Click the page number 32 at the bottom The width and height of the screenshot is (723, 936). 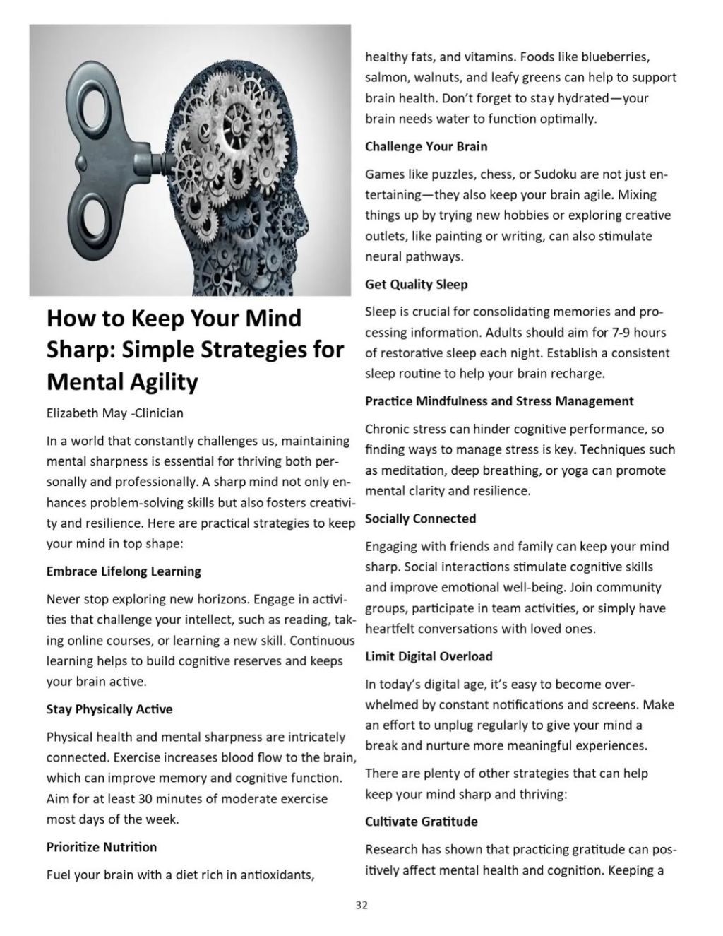pyautogui.click(x=361, y=905)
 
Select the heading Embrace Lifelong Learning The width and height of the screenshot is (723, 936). pyautogui.click(x=124, y=571)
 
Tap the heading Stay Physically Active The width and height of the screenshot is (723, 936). pyautogui.click(x=109, y=709)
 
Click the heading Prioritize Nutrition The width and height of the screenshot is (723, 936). pyautogui.click(x=102, y=847)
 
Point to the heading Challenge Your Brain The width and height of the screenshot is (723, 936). pyautogui.click(x=426, y=146)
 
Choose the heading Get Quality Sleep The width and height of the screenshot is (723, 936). pyautogui.click(x=416, y=284)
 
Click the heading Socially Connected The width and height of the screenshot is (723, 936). pyautogui.click(x=420, y=519)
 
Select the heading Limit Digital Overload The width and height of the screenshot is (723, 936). pyautogui.click(x=429, y=656)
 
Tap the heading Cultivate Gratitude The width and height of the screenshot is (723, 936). pyautogui.click(x=422, y=822)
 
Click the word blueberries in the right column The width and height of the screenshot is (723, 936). pyautogui.click(x=614, y=57)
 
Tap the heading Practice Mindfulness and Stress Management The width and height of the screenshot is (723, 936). pyautogui.click(x=499, y=401)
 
